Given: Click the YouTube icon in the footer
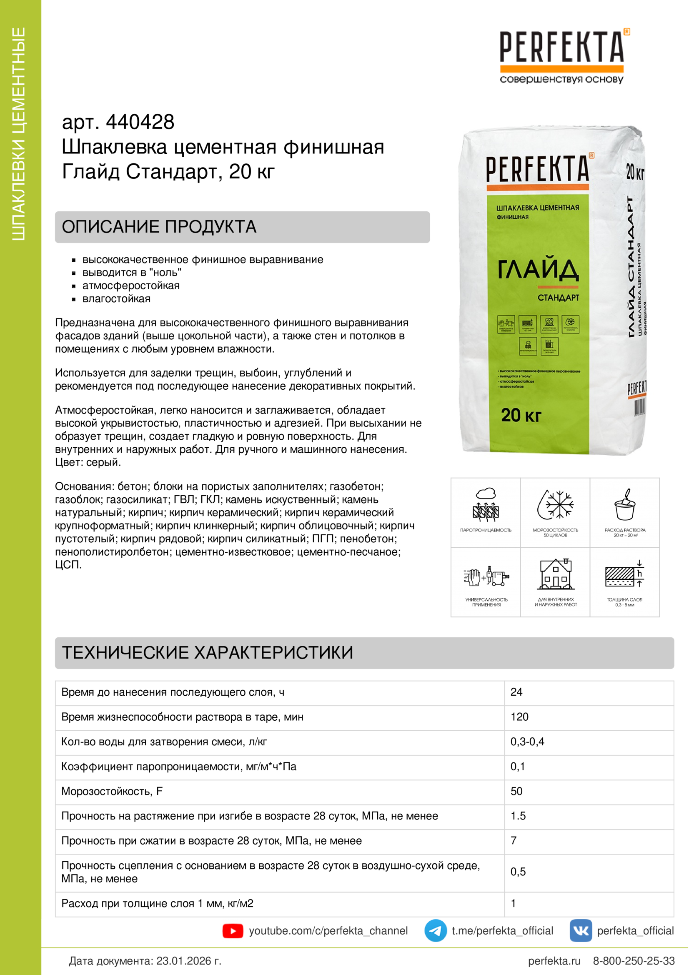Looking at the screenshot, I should click(233, 931).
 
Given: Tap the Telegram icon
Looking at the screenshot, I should click(435, 930).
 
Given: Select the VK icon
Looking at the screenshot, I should click(580, 930).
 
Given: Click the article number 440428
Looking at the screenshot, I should click(140, 122).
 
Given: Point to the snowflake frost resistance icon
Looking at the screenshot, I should click(555, 505).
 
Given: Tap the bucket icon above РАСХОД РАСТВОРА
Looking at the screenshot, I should click(624, 505).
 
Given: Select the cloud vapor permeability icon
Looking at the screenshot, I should click(486, 505).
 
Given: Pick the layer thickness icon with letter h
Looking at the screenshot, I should click(624, 574).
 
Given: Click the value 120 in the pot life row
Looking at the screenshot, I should click(519, 717).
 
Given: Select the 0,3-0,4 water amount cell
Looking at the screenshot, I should click(527, 742).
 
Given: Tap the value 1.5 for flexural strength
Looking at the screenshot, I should click(518, 816).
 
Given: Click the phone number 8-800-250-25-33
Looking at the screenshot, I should click(634, 960).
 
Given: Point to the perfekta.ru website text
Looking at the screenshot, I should click(554, 960).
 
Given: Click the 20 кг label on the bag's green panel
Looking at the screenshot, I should click(521, 415).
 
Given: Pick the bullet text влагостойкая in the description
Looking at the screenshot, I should click(116, 299).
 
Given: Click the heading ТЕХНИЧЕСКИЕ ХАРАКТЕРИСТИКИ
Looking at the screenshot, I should click(208, 653).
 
